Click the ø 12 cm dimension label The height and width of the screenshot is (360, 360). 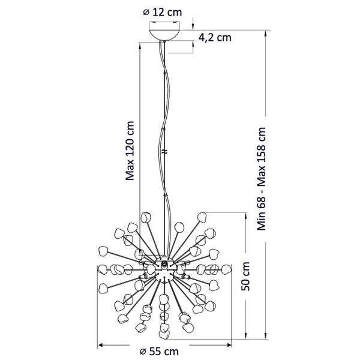coord(163,12)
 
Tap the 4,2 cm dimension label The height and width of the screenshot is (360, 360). coord(215,37)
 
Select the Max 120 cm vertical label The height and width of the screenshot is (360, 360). coord(130,151)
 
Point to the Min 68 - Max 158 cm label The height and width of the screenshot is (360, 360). coord(262,179)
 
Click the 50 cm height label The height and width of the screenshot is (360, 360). coord(245,277)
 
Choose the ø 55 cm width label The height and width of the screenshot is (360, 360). coord(159,351)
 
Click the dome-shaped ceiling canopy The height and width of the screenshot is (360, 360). coord(164,34)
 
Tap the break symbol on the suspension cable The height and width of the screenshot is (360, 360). coord(165,152)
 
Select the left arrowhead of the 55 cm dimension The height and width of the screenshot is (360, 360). coord(101,345)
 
